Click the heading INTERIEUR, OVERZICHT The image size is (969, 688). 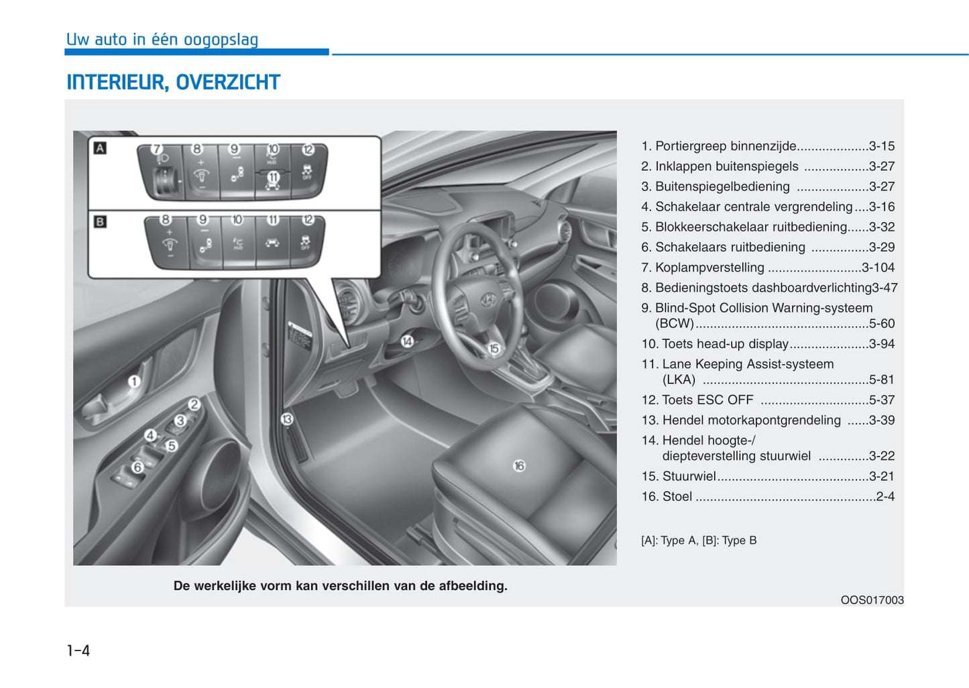pyautogui.click(x=173, y=82)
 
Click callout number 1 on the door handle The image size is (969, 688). pyautogui.click(x=134, y=382)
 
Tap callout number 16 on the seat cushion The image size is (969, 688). pyautogui.click(x=519, y=465)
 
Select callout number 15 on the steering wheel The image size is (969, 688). pyautogui.click(x=494, y=349)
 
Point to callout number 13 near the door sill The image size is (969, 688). pyautogui.click(x=287, y=419)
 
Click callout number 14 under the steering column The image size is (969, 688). pyautogui.click(x=407, y=341)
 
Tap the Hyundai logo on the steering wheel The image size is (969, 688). pyautogui.click(x=488, y=300)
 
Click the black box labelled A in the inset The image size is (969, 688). pyautogui.click(x=100, y=148)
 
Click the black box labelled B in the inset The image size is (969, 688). pyautogui.click(x=100, y=221)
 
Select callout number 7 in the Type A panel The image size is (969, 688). pyautogui.click(x=157, y=149)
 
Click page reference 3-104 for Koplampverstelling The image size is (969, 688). pyautogui.click(x=878, y=268)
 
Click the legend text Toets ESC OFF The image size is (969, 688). pyautogui.click(x=707, y=400)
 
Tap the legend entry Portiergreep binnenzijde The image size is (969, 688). pyautogui.click(x=726, y=146)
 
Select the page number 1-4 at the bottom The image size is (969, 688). pyautogui.click(x=78, y=650)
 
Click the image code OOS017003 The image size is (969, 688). pyautogui.click(x=872, y=600)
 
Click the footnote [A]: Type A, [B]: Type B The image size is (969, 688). pyautogui.click(x=699, y=540)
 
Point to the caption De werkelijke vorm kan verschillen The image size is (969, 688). pyautogui.click(x=340, y=586)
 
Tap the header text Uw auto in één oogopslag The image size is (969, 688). pyautogui.click(x=162, y=40)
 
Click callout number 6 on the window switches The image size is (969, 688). pyautogui.click(x=137, y=467)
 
